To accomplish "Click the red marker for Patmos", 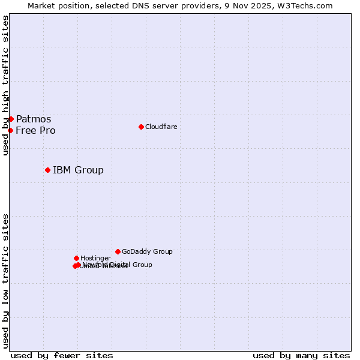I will pyautogui.click(x=11, y=119).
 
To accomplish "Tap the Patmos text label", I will pyautogui.click(x=34, y=119).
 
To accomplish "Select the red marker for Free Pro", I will pyautogui.click(x=10, y=130).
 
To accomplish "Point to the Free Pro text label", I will pyautogui.click(x=35, y=130).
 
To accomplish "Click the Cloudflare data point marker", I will pyautogui.click(x=141, y=127).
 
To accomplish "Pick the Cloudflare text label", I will pyautogui.click(x=161, y=127).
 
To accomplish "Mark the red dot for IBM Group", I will pyautogui.click(x=47, y=170).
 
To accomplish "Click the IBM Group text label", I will pyautogui.click(x=78, y=170).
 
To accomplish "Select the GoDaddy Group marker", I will pyautogui.click(x=118, y=251).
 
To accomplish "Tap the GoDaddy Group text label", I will pyautogui.click(x=147, y=251).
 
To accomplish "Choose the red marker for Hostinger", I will pyautogui.click(x=76, y=258).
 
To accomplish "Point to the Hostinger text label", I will pyautogui.click(x=95, y=258).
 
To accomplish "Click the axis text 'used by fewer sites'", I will pyautogui.click(x=62, y=355).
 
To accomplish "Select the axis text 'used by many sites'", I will pyautogui.click(x=301, y=355).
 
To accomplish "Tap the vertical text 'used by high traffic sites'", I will pyautogui.click(x=5, y=85).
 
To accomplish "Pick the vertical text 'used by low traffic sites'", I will pyautogui.click(x=5, y=280).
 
